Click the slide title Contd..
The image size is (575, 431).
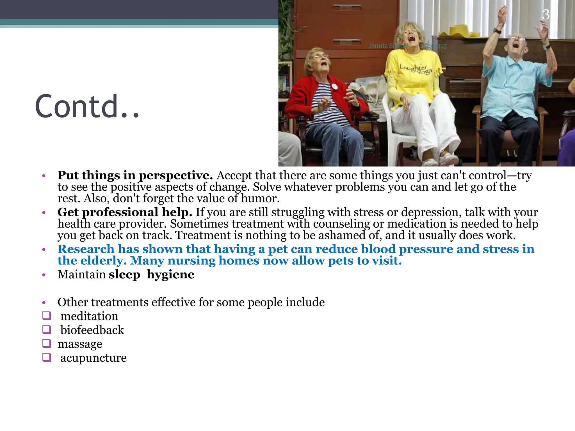(87, 106)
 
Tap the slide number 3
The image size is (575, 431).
(546, 15)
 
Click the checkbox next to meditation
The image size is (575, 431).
(47, 316)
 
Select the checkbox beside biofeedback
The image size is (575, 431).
(47, 329)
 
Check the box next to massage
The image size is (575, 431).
(47, 343)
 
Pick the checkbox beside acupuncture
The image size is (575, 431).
(47, 357)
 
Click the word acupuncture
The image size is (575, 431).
(93, 358)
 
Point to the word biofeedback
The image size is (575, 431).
(92, 330)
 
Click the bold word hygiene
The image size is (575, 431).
(170, 274)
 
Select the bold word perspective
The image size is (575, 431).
(176, 176)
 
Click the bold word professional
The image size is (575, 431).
(120, 212)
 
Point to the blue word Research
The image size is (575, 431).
(86, 249)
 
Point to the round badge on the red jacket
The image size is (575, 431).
(334, 86)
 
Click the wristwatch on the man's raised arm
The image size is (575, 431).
(497, 31)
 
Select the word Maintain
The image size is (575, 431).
(81, 274)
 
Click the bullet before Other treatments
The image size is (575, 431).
(44, 303)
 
